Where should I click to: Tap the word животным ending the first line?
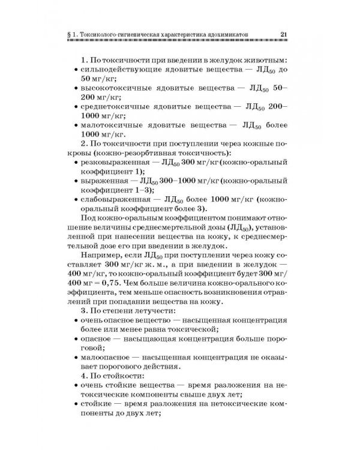(260, 61)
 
